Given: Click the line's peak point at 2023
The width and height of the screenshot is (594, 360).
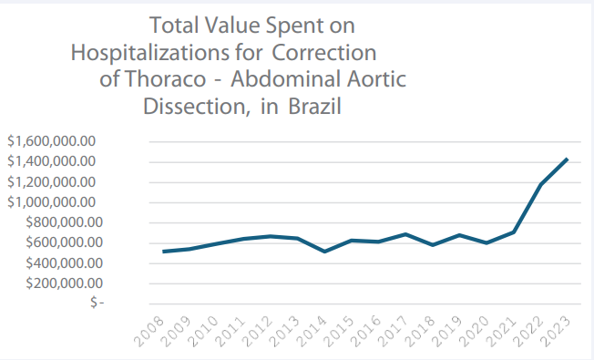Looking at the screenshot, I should click(567, 159).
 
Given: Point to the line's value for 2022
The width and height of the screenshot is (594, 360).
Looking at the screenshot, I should click(540, 185).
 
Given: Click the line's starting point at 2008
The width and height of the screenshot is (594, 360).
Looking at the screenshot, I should click(162, 252).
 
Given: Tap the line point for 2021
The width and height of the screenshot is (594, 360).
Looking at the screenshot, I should click(513, 232).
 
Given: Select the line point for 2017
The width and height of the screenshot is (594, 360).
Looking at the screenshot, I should click(405, 234).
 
